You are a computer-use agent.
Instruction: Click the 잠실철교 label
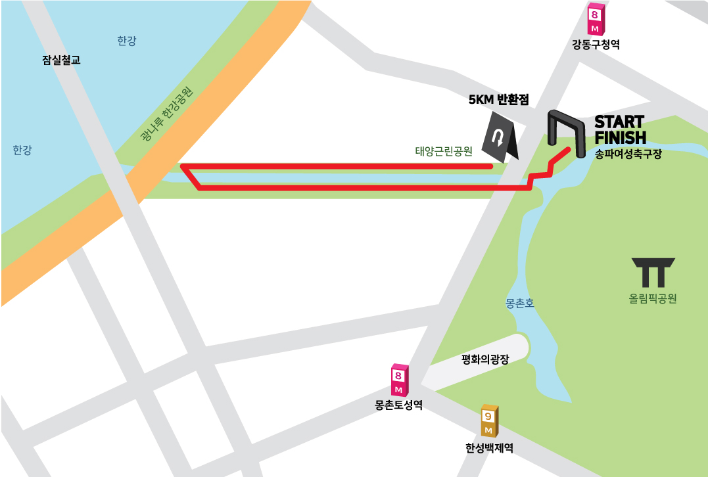tap(61, 60)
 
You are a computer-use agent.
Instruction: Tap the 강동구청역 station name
tap(596, 45)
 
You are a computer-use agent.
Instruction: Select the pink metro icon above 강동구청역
tap(595, 20)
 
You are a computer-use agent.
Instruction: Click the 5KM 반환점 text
tap(498, 100)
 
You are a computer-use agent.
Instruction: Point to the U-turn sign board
tap(499, 137)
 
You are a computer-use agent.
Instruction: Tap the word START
tap(619, 122)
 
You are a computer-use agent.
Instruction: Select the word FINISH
tap(620, 137)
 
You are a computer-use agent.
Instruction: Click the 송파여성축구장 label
tap(628, 154)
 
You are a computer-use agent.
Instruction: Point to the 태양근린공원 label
tap(444, 151)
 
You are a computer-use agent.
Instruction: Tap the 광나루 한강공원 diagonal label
tap(167, 116)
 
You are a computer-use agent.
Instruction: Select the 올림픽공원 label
tap(653, 298)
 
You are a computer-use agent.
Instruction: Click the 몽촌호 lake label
tap(520, 304)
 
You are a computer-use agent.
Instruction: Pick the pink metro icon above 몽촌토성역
tap(399, 380)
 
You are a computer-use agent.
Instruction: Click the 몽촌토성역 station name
tap(398, 405)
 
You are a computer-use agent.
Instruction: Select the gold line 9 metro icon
tap(488, 420)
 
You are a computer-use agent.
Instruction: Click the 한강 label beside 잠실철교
tap(126, 41)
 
